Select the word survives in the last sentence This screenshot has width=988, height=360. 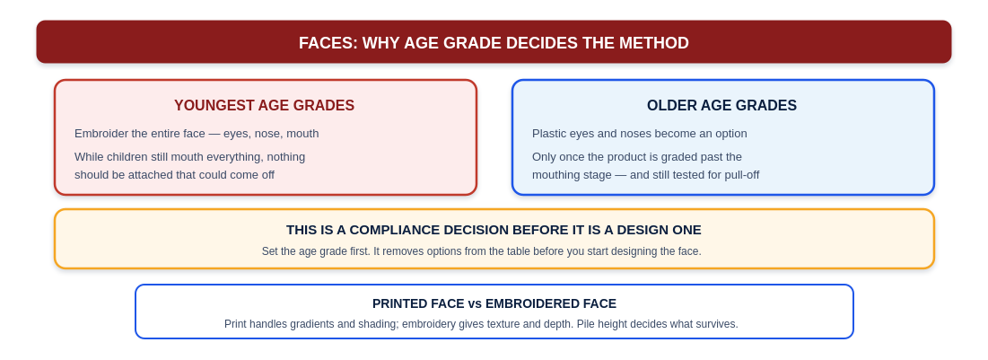click(717, 324)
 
